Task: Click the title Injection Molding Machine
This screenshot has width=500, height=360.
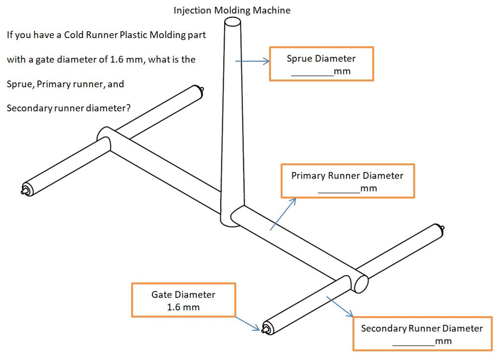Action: (232, 10)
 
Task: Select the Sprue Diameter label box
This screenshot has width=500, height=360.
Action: (321, 64)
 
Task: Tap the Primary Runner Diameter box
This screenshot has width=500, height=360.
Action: (347, 181)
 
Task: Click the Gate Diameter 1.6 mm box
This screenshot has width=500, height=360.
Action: (184, 300)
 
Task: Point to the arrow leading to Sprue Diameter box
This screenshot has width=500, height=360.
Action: (252, 61)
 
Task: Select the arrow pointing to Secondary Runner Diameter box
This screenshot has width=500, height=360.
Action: (340, 306)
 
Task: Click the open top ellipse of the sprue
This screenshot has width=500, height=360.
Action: (232, 22)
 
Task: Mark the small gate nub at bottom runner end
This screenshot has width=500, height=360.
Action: (265, 329)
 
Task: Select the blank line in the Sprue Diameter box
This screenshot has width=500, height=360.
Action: (312, 75)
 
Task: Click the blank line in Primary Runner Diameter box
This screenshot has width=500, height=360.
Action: (338, 192)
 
